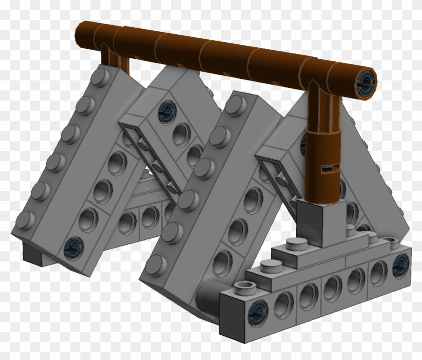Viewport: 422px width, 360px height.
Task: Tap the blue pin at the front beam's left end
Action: pyautogui.click(x=258, y=308)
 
